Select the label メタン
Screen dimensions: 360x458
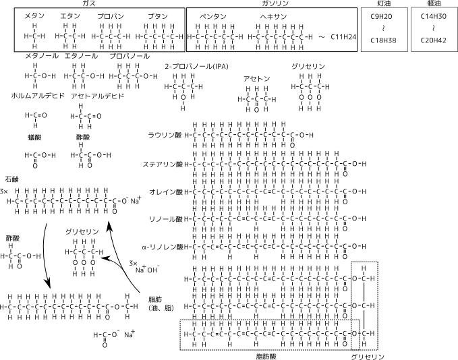pyautogui.click(x=34, y=15)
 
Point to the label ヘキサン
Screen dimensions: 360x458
pyautogui.click(x=273, y=15)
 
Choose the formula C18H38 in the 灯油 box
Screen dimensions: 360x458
pyautogui.click(x=384, y=40)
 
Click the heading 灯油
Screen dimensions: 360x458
pyautogui.click(x=384, y=4)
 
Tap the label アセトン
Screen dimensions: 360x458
pyautogui.click(x=257, y=79)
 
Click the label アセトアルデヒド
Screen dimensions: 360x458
pyautogui.click(x=97, y=96)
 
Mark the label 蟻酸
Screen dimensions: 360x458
pyautogui.click(x=35, y=137)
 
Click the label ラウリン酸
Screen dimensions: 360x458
pyautogui.click(x=165, y=135)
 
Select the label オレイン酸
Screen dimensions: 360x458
pyautogui.click(x=165, y=191)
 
